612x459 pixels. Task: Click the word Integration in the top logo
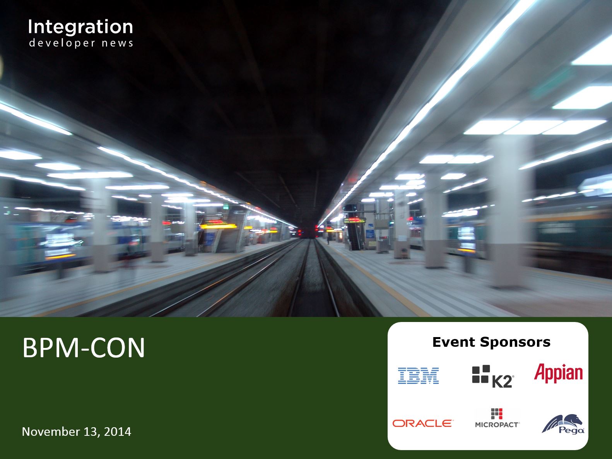[80, 27]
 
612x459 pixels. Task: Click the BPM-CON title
[84, 348]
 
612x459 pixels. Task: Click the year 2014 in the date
[117, 432]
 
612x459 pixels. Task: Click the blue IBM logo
[418, 376]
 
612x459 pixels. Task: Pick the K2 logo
[493, 376]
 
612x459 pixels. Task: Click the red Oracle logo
[423, 423]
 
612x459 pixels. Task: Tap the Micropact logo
[497, 418]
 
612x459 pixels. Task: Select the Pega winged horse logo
[563, 424]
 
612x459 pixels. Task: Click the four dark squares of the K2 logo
[481, 374]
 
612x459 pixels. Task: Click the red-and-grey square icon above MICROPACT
[497, 414]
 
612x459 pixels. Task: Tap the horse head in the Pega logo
[576, 420]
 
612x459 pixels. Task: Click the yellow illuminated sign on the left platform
[218, 226]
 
